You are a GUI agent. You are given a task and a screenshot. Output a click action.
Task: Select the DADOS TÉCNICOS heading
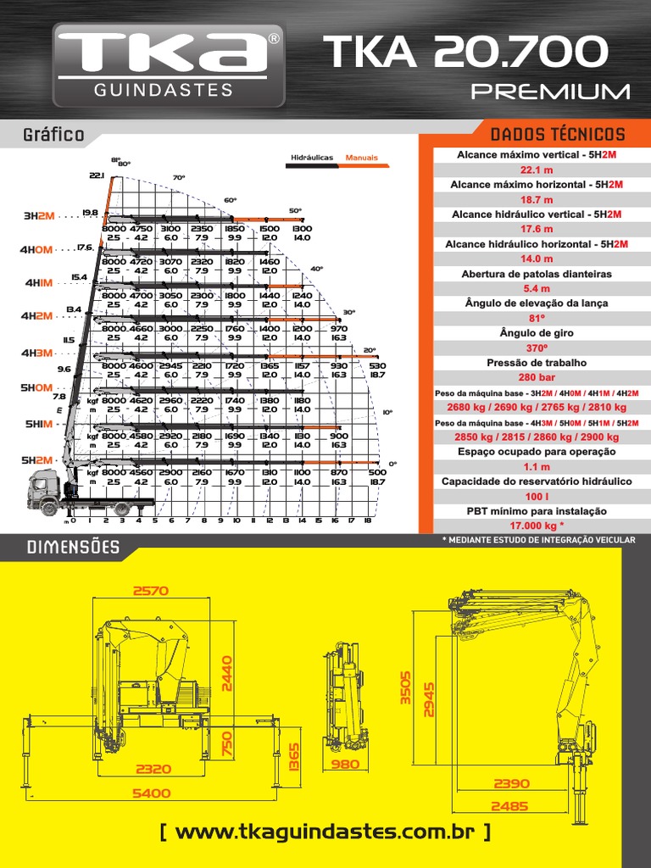coord(558,134)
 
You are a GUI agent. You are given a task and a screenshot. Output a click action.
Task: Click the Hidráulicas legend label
coord(312,158)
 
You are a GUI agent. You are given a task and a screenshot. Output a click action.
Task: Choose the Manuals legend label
coord(361,158)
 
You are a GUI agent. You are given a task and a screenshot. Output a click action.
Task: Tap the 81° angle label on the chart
coord(115,159)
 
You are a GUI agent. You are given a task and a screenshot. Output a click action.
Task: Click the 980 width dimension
coord(345,765)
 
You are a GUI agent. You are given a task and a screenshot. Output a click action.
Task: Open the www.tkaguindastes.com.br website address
coord(325,832)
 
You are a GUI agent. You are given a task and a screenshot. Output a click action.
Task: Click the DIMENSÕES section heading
coord(73,548)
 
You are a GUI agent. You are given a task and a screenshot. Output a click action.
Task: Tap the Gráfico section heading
coord(53,135)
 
